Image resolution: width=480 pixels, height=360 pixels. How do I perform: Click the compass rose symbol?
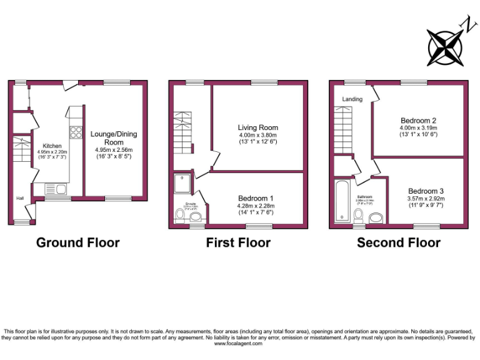click(445, 41)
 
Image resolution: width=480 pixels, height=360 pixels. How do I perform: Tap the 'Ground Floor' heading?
click(77, 242)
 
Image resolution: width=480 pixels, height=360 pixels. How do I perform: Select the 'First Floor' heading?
click(238, 242)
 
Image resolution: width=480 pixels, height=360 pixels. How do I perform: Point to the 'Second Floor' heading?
click(399, 242)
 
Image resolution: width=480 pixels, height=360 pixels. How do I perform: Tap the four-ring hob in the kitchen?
click(77, 132)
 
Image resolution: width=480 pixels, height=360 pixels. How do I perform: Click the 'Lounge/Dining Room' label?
click(114, 138)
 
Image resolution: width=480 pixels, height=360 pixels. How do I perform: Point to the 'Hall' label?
click(20, 199)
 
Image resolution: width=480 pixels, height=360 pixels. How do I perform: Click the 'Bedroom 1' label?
click(255, 198)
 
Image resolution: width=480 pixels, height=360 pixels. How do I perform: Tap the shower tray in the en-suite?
click(184, 183)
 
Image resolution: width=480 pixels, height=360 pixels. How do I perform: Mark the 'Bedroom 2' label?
click(417, 121)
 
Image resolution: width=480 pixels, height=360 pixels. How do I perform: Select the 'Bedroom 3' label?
click(426, 191)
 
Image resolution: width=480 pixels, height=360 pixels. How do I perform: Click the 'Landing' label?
click(352, 99)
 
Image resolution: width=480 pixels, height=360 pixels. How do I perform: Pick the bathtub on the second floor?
click(342, 201)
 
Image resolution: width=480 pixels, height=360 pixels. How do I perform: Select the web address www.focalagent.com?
click(239, 343)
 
